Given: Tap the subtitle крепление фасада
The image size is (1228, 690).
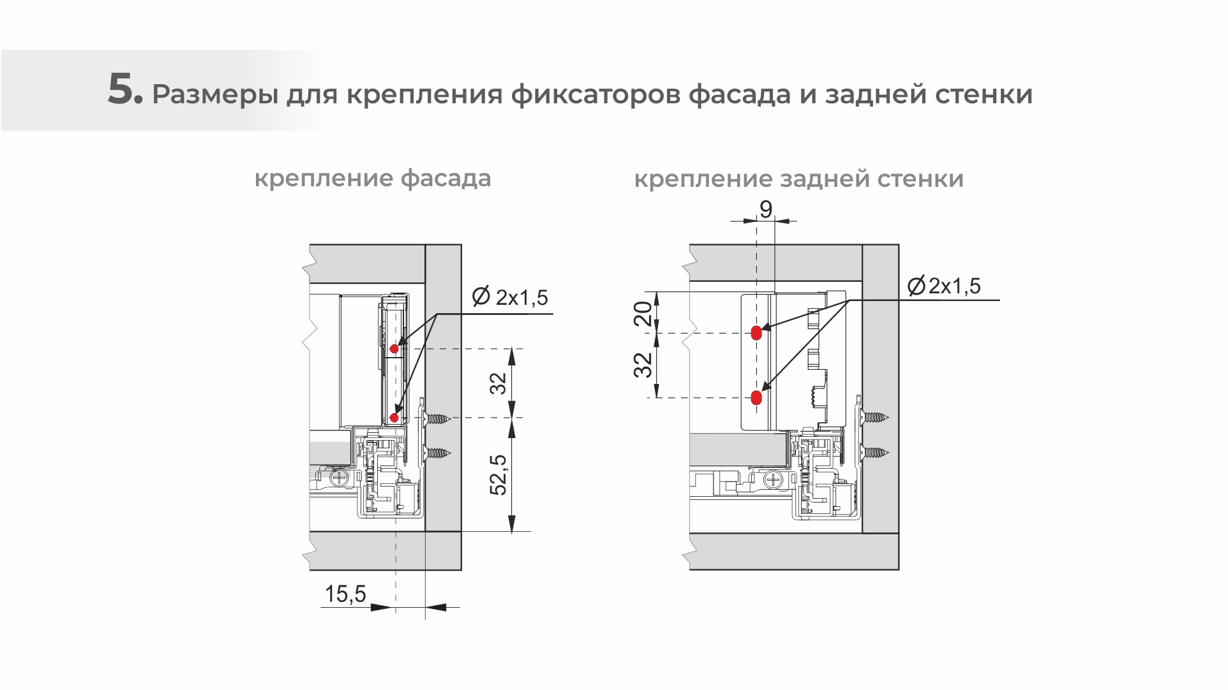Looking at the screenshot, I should [373, 178].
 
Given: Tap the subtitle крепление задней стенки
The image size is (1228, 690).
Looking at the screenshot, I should [798, 179].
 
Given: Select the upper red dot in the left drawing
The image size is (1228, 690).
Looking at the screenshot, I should [394, 349].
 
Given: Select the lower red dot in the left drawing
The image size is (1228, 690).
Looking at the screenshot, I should [394, 418].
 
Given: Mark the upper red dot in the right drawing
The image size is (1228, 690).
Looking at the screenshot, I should [756, 332].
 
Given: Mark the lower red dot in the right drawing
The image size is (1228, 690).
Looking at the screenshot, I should [756, 398].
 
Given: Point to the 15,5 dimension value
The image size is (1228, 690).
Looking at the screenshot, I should [345, 594].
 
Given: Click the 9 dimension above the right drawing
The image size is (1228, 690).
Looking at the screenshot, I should [766, 209].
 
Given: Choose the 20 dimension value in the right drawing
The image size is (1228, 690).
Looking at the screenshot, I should [645, 313].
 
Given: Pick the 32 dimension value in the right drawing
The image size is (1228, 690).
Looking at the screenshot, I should [645, 365].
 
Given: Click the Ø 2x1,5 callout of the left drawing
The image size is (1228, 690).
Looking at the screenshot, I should [509, 297].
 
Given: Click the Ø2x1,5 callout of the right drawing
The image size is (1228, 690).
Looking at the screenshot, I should [944, 286].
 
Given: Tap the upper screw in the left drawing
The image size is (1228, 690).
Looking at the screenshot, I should [437, 419].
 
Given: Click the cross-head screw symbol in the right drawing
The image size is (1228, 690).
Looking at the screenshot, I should [774, 479].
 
